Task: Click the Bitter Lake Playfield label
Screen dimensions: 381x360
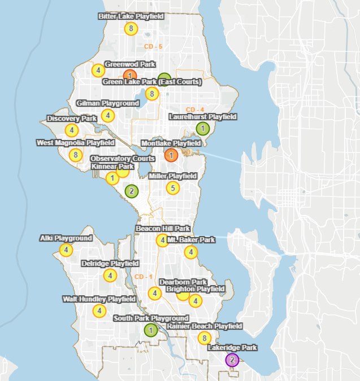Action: tap(131, 16)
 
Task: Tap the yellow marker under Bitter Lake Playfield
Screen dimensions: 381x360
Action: tap(131, 28)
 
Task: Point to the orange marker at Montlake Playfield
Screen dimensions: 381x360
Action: tap(171, 154)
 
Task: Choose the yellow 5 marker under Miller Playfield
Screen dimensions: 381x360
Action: tap(172, 188)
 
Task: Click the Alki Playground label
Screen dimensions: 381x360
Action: tap(66, 238)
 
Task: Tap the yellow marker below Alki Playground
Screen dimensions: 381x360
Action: tap(66, 249)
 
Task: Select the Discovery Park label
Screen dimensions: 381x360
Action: tap(72, 119)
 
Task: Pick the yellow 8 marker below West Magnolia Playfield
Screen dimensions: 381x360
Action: tap(75, 155)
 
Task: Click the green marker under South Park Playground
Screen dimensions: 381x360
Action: tap(151, 330)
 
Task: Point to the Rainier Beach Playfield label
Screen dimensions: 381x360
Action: tap(204, 326)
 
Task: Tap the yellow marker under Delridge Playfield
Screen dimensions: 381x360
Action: tap(110, 275)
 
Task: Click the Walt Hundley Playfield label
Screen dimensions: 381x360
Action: tap(99, 299)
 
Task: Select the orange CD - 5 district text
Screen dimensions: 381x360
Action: tap(153, 46)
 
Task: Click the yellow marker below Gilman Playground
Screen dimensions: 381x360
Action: tap(107, 116)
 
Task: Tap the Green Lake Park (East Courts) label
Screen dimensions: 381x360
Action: tap(151, 82)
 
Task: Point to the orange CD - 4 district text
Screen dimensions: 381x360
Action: tap(195, 110)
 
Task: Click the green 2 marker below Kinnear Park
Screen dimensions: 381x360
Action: tap(132, 191)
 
